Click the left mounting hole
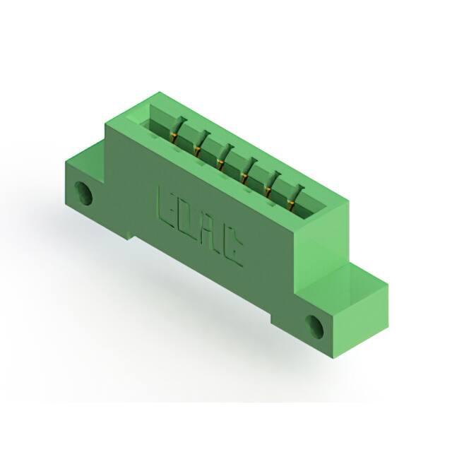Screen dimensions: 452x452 coord(83,194)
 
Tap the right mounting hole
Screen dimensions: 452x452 coord(315,326)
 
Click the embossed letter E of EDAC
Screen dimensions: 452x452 coord(167,208)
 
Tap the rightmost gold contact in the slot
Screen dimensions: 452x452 coord(292,204)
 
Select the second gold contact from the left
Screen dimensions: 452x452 coord(198,150)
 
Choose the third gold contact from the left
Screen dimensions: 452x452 coord(220,164)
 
